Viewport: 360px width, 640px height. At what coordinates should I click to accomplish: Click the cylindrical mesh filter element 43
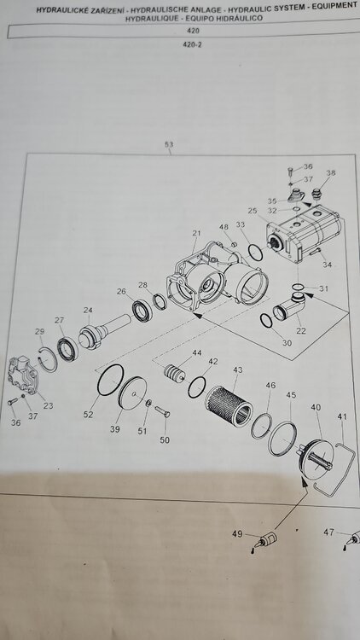(229, 405)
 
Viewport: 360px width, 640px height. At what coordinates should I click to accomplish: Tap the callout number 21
(197, 233)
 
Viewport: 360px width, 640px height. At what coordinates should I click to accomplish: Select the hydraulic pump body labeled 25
(304, 235)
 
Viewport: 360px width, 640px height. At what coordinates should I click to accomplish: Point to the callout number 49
(237, 534)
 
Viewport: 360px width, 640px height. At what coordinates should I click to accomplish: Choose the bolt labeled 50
(162, 411)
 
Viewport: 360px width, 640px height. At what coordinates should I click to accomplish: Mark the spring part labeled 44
(174, 372)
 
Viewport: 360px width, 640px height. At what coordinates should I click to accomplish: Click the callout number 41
(342, 416)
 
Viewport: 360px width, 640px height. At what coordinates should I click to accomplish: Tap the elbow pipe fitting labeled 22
(291, 307)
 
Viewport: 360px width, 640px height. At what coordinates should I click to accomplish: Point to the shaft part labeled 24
(103, 330)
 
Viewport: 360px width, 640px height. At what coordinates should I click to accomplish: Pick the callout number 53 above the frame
(169, 144)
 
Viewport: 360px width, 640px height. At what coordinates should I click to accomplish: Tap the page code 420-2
(192, 44)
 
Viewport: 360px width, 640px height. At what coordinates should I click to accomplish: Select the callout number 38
(331, 172)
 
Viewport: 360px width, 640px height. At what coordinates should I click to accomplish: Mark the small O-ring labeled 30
(266, 321)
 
